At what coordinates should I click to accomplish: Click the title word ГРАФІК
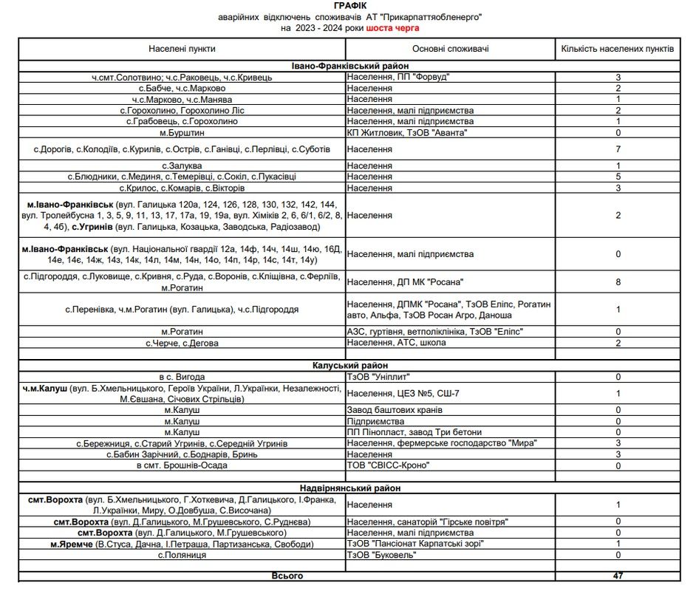pyautogui.click(x=349, y=5)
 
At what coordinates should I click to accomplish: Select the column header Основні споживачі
pyautogui.click(x=451, y=49)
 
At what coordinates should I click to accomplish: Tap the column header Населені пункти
pyautogui.click(x=182, y=49)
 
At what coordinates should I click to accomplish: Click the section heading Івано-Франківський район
pyautogui.click(x=349, y=66)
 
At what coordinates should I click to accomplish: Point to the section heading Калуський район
pyautogui.click(x=349, y=365)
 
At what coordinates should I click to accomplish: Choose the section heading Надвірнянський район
pyautogui.click(x=349, y=488)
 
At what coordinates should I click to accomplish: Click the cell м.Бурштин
pyautogui.click(x=182, y=132)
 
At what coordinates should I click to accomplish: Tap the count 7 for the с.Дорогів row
pyautogui.click(x=617, y=149)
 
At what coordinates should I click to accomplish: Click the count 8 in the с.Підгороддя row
pyautogui.click(x=617, y=281)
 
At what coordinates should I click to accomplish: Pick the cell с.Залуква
pyautogui.click(x=182, y=166)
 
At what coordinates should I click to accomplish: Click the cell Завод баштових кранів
pyautogui.click(x=395, y=410)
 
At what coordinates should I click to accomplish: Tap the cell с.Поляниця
pyautogui.click(x=182, y=555)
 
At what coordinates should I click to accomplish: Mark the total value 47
pyautogui.click(x=617, y=575)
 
